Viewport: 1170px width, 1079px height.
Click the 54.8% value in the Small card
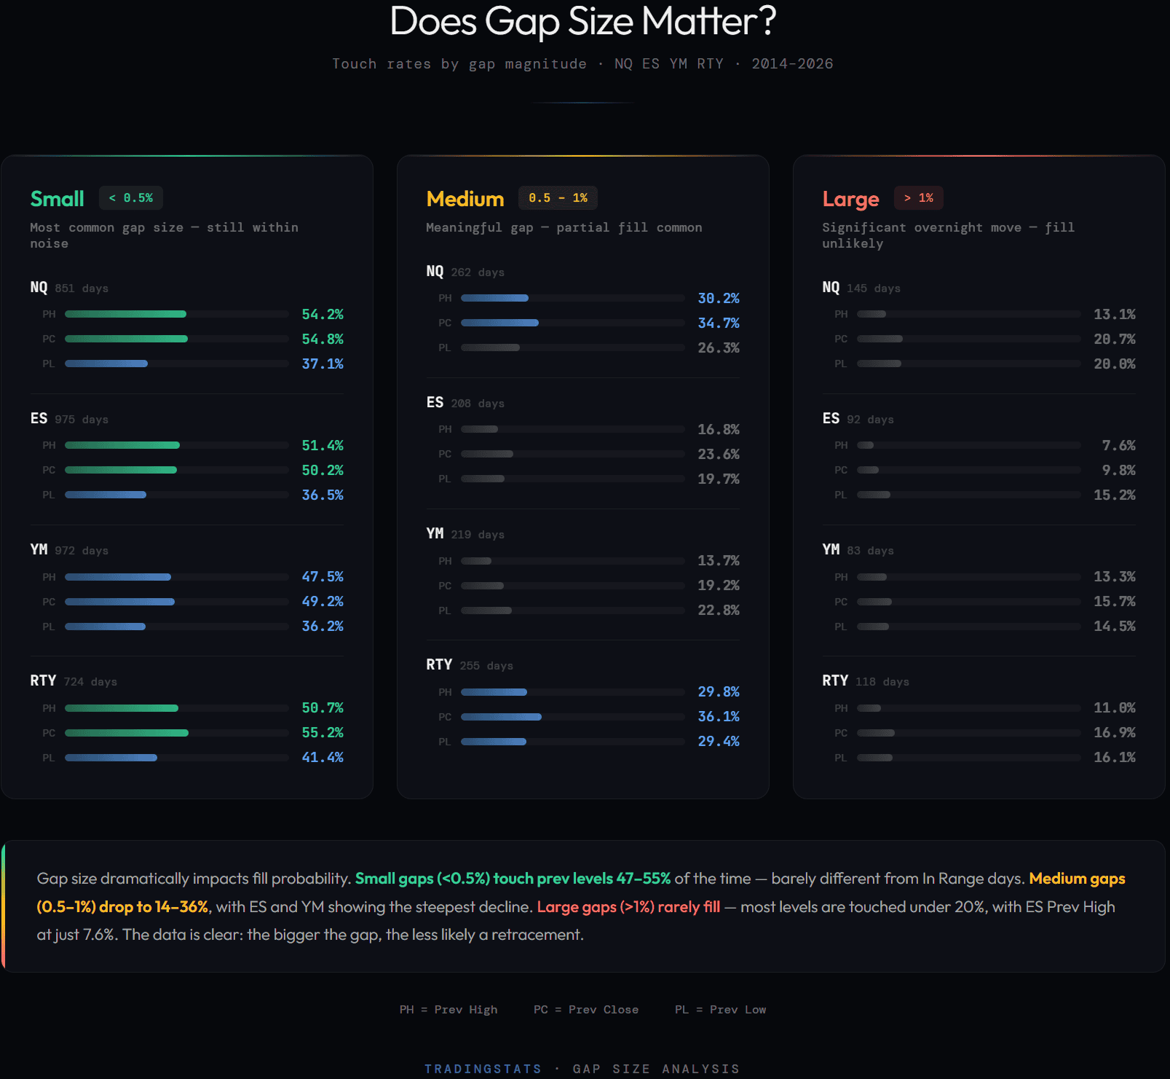coord(323,339)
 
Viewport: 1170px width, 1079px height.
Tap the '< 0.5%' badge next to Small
coord(131,198)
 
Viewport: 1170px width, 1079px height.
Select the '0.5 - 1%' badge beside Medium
coord(558,198)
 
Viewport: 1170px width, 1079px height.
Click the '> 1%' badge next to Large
coord(919,198)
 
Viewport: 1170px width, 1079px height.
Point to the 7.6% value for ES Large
coord(1118,445)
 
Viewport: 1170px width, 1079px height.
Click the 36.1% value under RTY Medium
coord(719,716)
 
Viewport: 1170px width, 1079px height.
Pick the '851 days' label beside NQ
coord(82,289)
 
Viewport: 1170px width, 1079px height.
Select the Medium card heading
coord(465,199)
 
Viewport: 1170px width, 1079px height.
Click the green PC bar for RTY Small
coord(127,733)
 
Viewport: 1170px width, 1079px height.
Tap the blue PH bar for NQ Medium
coord(495,298)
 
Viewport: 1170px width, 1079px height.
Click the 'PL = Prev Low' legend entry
coord(720,1010)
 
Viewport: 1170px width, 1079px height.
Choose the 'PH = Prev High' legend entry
coord(448,1010)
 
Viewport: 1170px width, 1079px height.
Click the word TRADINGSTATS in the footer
coord(483,1069)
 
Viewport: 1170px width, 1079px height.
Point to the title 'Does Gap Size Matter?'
coord(583,21)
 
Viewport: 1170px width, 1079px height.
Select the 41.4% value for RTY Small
coord(323,757)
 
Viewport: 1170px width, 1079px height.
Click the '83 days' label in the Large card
coord(870,551)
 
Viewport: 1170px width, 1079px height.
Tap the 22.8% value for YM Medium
coord(719,610)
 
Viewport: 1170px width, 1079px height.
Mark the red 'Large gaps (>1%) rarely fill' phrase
coord(628,907)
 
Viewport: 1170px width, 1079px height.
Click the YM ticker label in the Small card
coord(39,549)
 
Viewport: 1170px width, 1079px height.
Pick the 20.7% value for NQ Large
coord(1114,339)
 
